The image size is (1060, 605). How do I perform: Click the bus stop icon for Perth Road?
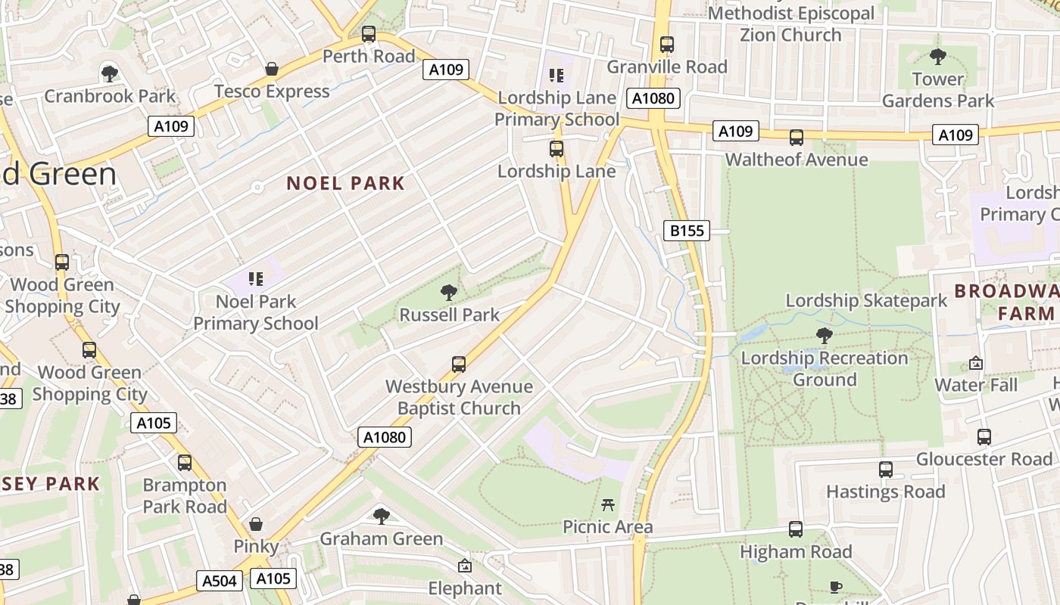tap(369, 34)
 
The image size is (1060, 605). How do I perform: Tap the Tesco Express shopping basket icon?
tap(272, 70)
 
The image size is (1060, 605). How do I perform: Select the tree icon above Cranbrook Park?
tap(110, 73)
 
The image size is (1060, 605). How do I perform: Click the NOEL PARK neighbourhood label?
tap(346, 183)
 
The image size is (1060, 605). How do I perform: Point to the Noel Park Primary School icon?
tap(256, 279)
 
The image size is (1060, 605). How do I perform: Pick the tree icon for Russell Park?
tap(449, 292)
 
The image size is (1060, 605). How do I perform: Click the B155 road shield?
tap(687, 231)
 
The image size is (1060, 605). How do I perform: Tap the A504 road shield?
tap(220, 581)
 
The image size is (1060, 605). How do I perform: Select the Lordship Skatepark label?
tap(866, 300)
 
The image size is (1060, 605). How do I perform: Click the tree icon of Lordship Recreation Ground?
tap(825, 336)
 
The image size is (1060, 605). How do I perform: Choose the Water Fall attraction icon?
tap(976, 363)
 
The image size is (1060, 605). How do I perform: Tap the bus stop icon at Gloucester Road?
tap(984, 437)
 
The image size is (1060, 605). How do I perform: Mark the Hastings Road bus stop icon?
tap(886, 470)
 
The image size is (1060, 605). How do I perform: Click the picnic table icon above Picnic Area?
tap(607, 504)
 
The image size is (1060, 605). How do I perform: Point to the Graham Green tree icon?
tap(382, 517)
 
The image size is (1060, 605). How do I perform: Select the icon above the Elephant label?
tap(465, 566)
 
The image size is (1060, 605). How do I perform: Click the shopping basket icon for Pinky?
tap(257, 524)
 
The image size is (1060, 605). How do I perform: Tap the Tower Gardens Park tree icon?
tap(938, 56)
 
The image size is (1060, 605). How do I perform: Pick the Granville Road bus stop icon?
tap(667, 45)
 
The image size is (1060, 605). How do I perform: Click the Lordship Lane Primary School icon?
tap(556, 76)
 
